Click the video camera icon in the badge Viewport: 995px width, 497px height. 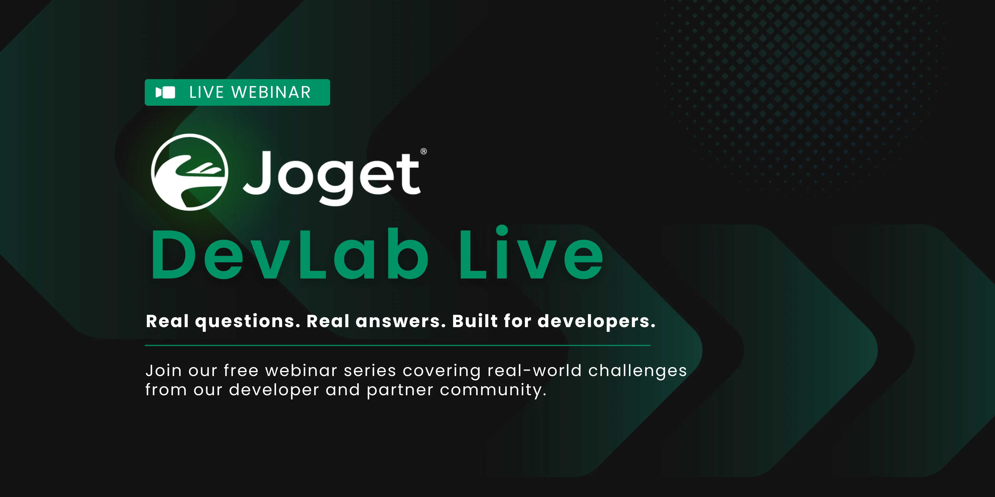point(165,93)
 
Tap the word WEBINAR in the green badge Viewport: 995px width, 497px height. point(271,93)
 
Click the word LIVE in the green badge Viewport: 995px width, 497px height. point(206,93)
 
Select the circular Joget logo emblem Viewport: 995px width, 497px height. point(189,172)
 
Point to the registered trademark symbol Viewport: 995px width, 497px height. point(424,151)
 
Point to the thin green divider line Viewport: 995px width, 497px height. point(398,345)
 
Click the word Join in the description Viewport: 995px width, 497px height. point(163,371)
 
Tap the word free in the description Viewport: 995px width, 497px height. point(241,371)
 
